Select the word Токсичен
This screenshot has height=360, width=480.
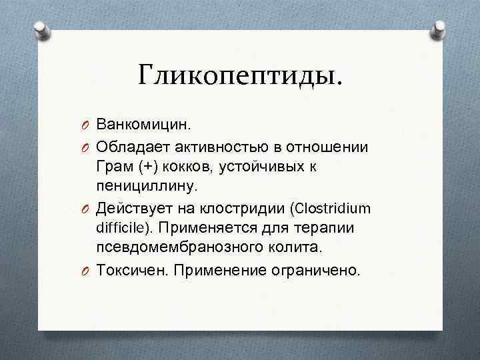(x=125, y=270)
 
